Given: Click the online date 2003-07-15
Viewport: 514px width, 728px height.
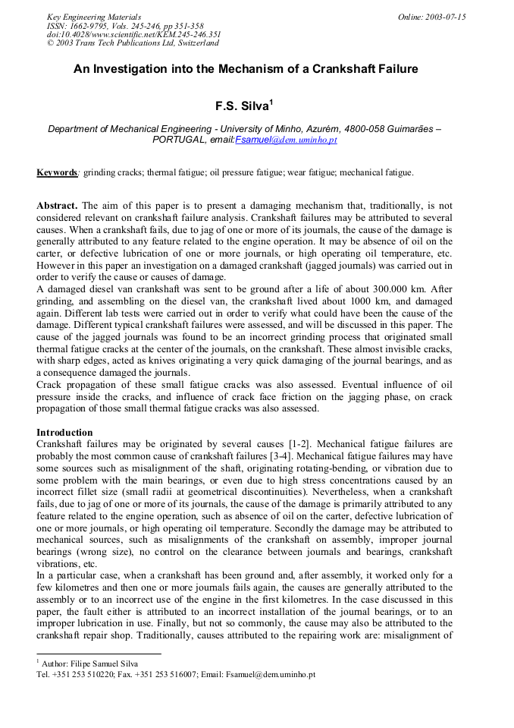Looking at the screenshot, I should (x=443, y=17).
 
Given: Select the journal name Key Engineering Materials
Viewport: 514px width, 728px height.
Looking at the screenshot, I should (x=94, y=17).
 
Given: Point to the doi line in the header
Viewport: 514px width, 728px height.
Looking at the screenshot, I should (x=133, y=34).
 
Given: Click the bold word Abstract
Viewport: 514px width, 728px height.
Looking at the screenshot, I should (x=57, y=206).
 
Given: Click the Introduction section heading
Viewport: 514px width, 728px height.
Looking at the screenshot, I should (x=64, y=433).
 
